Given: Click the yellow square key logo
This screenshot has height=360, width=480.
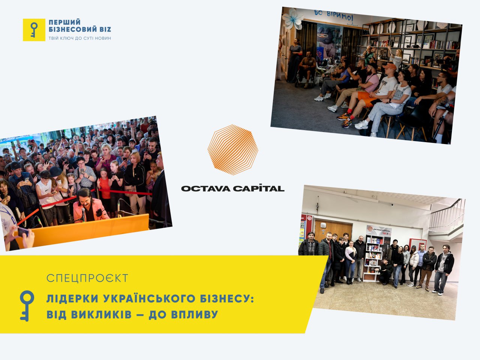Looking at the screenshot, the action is pos(34,30).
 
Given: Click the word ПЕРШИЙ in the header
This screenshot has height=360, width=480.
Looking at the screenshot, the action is pos(64,22).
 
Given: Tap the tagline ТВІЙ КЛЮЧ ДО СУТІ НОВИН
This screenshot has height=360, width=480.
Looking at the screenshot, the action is pos(79,38).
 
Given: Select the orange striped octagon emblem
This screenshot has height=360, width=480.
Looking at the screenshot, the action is pos(233,150).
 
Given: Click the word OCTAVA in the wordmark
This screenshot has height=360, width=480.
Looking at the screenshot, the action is pos(205,188).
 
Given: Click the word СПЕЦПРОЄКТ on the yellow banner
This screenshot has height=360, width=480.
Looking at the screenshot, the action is pos(87,278).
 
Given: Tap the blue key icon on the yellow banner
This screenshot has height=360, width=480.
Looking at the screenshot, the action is pos(27,306).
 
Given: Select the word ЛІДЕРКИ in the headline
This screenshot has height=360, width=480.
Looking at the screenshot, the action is pos(72,298).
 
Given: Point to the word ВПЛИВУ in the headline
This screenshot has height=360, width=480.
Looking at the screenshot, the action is pos(194,315).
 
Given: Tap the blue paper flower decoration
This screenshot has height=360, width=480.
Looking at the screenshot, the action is pos(292,19).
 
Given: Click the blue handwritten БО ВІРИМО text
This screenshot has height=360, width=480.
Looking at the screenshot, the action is pos(334,15).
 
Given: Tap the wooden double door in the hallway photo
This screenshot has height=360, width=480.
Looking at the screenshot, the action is pos(333,231).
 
